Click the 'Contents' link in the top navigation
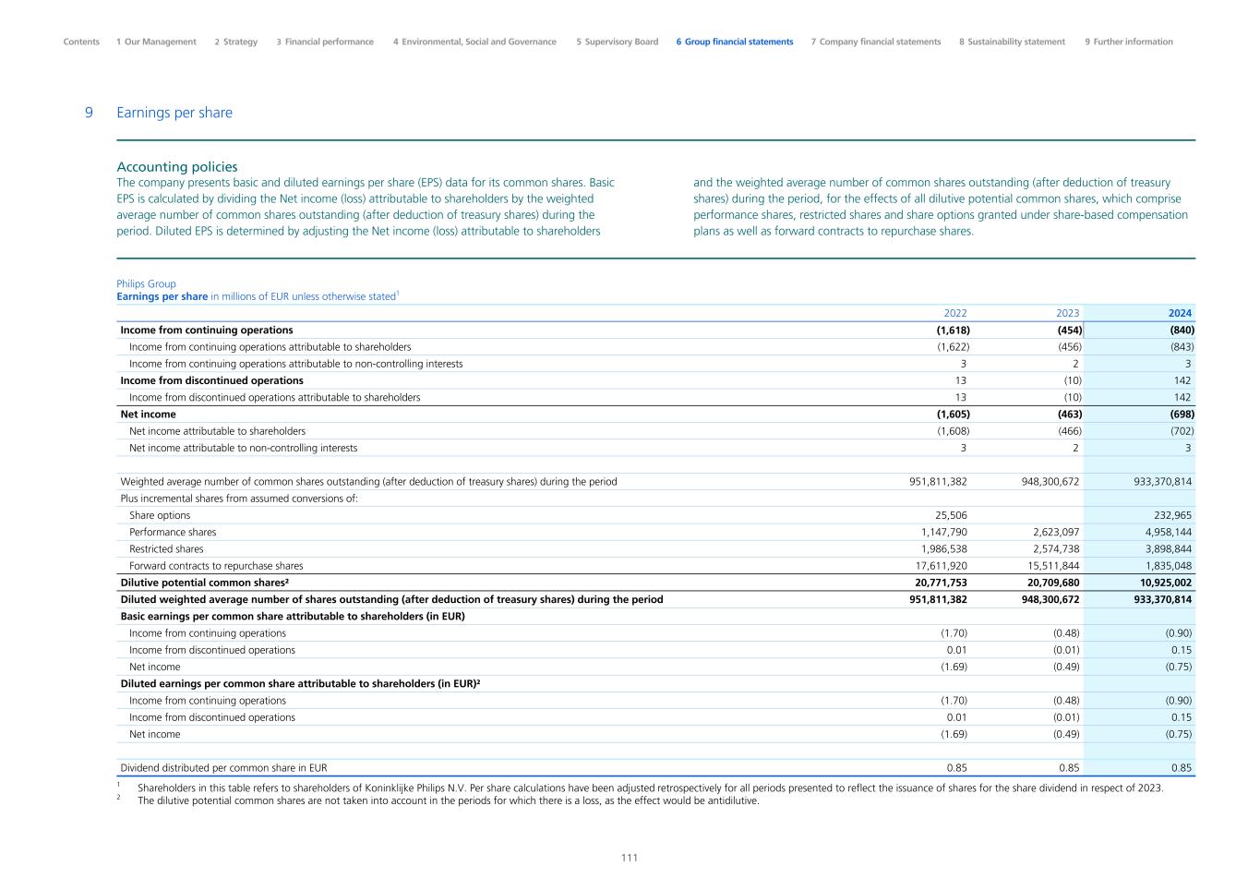[x=81, y=42]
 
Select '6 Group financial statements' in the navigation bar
[x=734, y=42]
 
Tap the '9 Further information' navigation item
[x=1128, y=42]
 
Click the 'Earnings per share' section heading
[x=174, y=113]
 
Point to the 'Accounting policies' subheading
[x=177, y=167]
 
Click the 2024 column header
[x=1179, y=313]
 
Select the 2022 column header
[x=954, y=313]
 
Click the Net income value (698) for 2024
[x=1182, y=415]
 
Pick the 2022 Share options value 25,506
[x=951, y=515]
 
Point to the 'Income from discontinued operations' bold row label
[x=211, y=380]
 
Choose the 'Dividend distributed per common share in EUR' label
[x=223, y=768]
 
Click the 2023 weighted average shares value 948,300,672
[x=1045, y=482]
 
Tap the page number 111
[x=630, y=858]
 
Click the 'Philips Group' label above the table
[x=146, y=284]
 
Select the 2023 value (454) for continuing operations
[x=1069, y=330]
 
